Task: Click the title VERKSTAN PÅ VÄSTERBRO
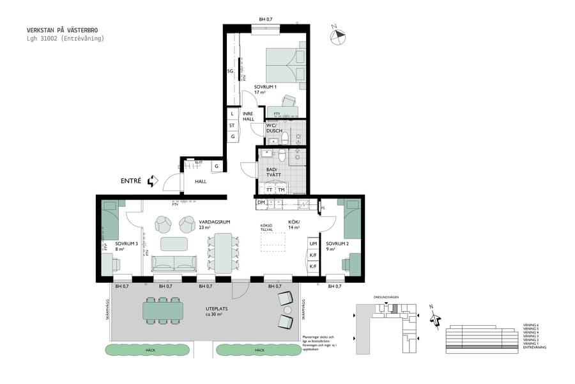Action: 63,30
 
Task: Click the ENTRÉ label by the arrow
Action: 130,181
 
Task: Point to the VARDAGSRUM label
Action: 213,222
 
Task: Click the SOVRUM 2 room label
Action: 337,244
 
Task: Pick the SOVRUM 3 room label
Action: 126,244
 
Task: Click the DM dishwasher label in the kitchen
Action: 261,203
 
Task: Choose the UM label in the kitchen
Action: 313,244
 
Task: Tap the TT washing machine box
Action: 269,190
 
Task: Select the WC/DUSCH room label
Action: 273,128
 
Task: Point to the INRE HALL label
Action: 248,116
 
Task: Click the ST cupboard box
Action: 232,125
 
